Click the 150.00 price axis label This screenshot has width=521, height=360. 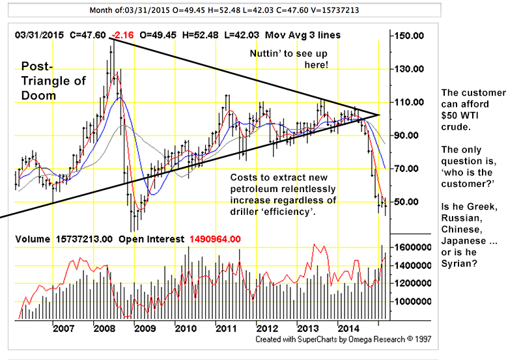pyautogui.click(x=414, y=36)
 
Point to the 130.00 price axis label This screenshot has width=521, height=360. pyautogui.click(x=414, y=69)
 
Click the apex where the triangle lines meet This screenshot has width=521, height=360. pyautogui.click(x=379, y=115)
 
